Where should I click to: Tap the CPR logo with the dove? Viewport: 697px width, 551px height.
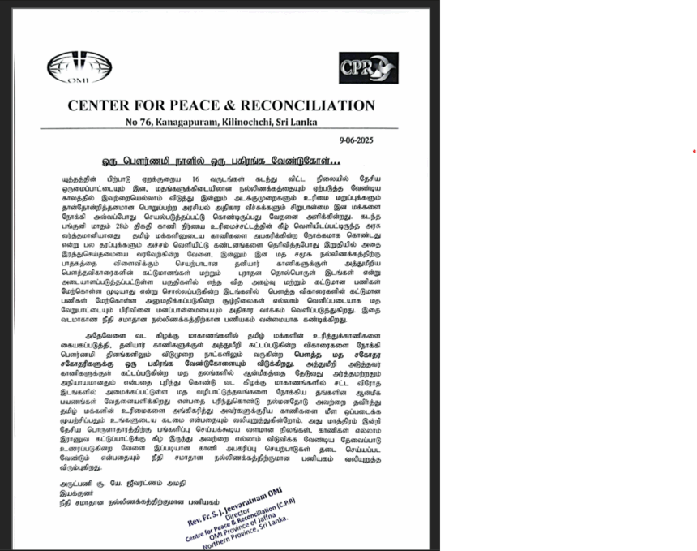point(368,68)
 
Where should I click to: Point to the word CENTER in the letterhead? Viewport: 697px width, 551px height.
point(100,105)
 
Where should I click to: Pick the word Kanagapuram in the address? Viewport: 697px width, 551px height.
point(184,123)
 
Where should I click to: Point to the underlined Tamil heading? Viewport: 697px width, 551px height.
point(226,161)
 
